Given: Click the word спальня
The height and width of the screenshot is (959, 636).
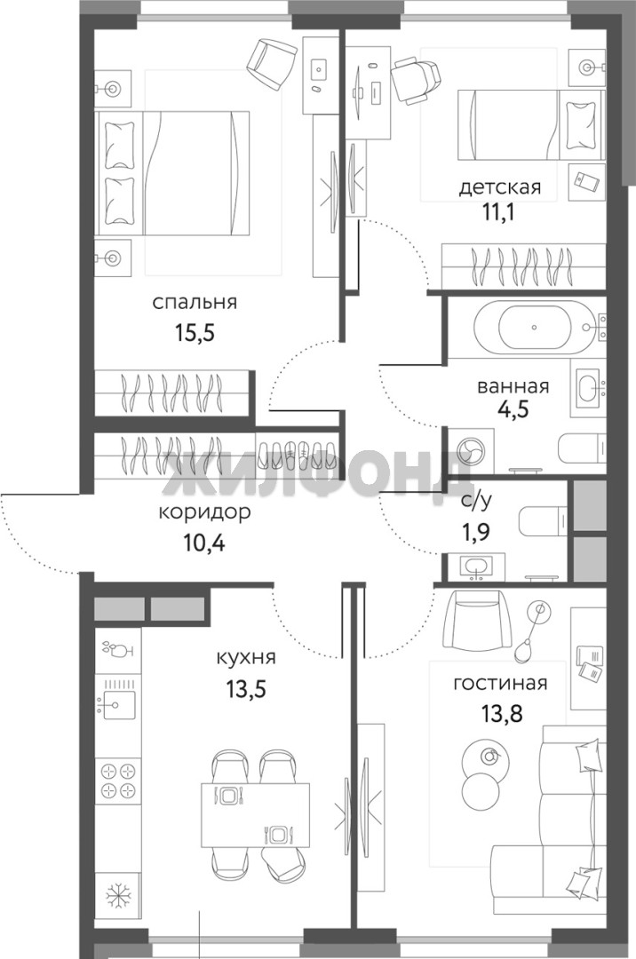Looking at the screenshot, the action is coord(195,302).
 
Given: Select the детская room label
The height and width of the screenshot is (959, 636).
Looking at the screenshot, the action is coord(500,186).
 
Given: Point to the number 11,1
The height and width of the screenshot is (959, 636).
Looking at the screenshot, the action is coord(497,212).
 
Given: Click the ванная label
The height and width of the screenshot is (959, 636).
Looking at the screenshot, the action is coord(513,386).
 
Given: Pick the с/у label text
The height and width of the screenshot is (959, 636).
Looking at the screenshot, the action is coord(477,501).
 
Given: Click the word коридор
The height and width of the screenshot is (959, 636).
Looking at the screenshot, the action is coord(204,512).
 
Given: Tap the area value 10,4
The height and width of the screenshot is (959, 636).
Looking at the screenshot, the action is coord(204,542).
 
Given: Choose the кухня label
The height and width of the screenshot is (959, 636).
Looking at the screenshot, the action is coord(246,657).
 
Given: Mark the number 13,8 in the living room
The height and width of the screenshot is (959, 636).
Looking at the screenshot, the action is coord(502,712).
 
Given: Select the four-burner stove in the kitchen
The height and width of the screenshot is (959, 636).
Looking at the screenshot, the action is coord(117,780).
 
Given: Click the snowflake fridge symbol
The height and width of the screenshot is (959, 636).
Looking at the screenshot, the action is coord(116,896).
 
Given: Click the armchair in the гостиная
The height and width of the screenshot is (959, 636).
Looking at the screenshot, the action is coord(480,622).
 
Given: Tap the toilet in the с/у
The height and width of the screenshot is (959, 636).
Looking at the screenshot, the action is coord(544,520).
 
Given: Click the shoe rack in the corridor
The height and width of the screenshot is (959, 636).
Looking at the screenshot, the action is coord(296,453).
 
